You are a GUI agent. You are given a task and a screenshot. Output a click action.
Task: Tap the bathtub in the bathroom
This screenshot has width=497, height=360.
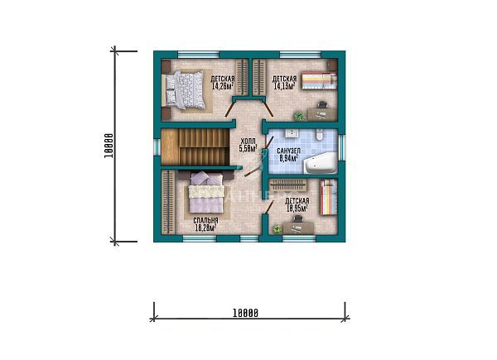coord(320,163)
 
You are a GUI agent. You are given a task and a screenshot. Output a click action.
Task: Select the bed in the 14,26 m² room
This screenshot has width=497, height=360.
coord(187,89)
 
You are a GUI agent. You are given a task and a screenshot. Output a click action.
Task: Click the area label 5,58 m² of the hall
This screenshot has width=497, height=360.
coord(247,150)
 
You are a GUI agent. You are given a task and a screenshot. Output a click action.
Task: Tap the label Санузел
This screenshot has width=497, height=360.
coord(288,151)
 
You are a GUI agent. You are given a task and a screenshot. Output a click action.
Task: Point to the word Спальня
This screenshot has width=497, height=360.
coord(205,221)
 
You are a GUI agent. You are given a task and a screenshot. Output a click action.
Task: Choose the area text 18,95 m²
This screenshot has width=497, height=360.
coord(297,209)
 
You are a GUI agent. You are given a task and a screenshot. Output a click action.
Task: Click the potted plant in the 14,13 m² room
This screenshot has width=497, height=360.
coord(299,115)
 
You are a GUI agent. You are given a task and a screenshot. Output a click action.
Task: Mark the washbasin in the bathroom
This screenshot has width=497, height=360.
coord(294,134)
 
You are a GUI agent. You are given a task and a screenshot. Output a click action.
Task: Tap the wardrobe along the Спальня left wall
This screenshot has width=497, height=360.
coord(167,203)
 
